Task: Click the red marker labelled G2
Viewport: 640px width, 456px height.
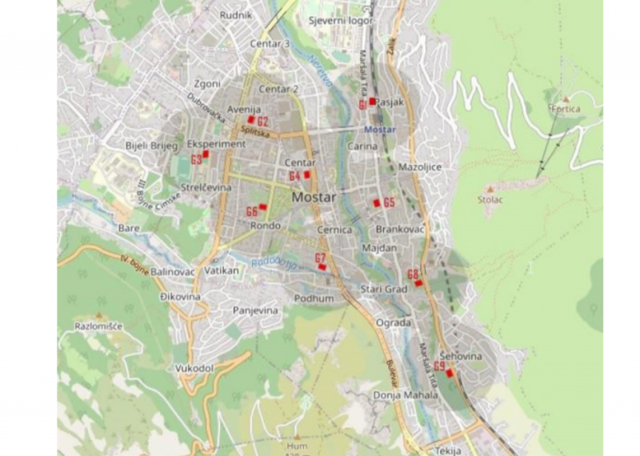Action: [251, 119]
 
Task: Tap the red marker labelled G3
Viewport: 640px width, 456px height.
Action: [205, 153]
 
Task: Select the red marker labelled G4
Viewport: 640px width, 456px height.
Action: [306, 174]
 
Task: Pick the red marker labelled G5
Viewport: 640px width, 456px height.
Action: [377, 202]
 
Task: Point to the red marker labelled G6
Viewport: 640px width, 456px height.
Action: [262, 206]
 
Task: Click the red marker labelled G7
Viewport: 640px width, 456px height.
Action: [322, 266]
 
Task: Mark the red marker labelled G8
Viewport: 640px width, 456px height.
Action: [418, 283]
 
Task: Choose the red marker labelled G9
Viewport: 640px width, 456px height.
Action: [449, 373]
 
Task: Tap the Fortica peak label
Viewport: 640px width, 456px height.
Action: [565, 108]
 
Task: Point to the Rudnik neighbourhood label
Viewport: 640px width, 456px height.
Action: [236, 15]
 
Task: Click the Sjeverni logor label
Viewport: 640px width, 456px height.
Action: [341, 21]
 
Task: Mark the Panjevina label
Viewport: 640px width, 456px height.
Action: [255, 310]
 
